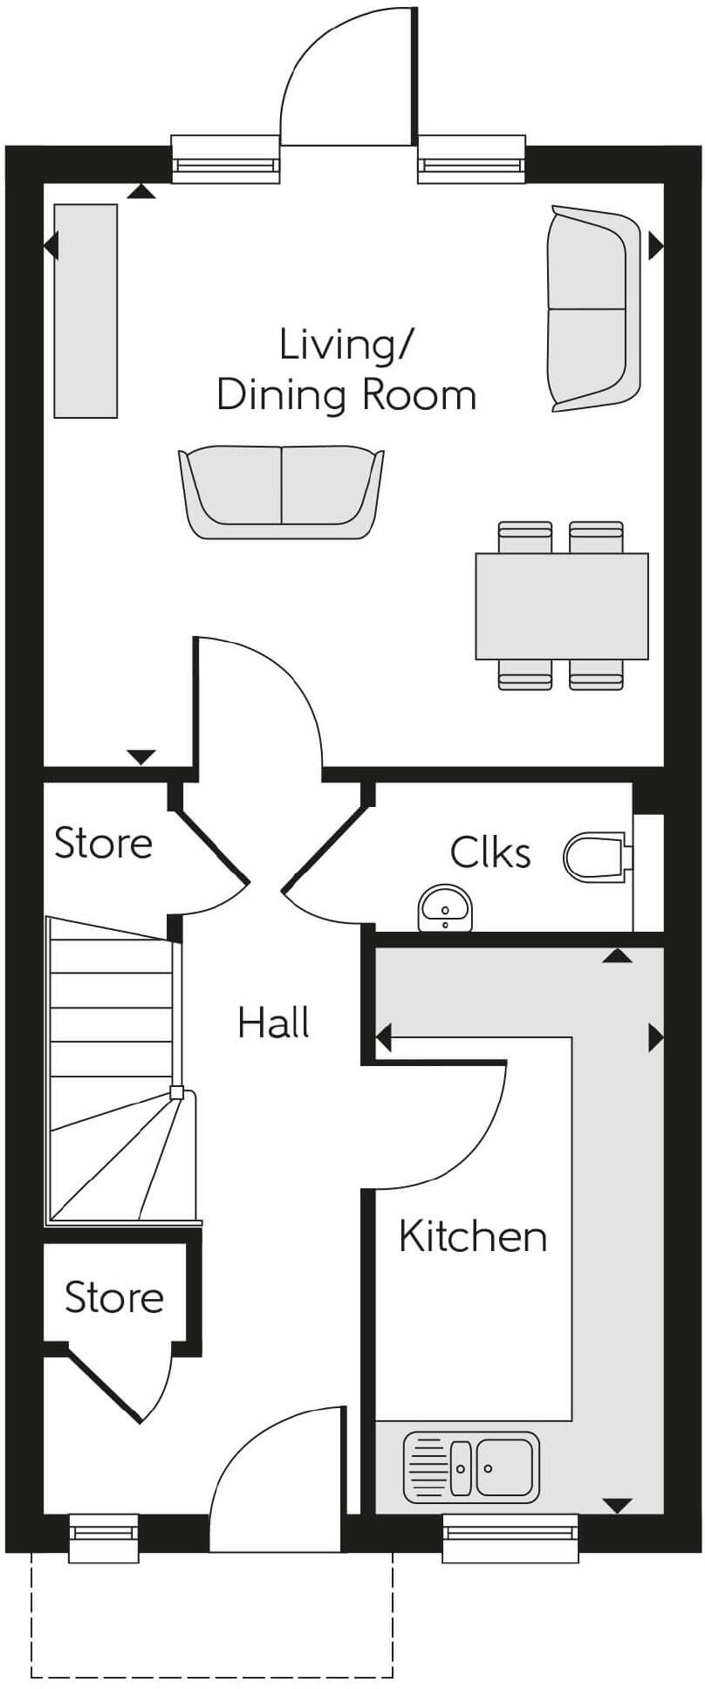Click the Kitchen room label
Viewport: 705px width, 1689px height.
click(x=472, y=1237)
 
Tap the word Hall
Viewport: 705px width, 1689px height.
click(x=273, y=1022)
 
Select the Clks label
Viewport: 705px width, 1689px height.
click(x=489, y=852)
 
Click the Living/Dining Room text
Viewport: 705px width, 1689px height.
click(x=346, y=369)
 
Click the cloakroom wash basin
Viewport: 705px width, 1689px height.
click(x=445, y=908)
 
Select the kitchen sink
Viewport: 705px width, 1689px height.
click(x=471, y=1467)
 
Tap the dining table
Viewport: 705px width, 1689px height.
click(x=561, y=605)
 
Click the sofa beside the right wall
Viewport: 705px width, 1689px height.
click(x=592, y=308)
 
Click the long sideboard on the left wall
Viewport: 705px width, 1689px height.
click(x=86, y=311)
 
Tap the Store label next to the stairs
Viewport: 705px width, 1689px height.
click(x=103, y=844)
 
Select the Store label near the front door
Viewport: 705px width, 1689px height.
click(x=114, y=1298)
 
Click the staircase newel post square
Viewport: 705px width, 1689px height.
click(x=177, y=1092)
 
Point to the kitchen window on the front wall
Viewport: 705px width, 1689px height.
click(x=510, y=1537)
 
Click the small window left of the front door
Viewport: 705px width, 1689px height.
click(x=104, y=1537)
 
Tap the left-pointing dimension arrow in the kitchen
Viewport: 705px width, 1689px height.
click(x=383, y=1038)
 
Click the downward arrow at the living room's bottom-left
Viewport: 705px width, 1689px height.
click(x=140, y=756)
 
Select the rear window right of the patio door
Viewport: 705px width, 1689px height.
click(x=471, y=160)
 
